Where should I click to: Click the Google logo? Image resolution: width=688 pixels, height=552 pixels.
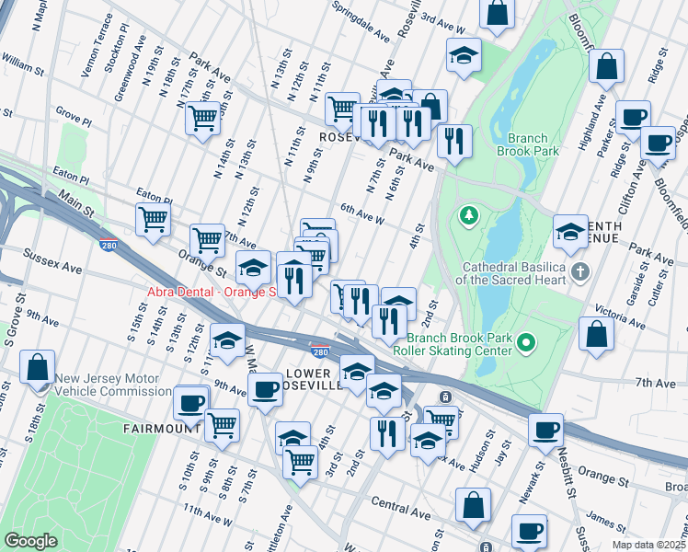point(31,540)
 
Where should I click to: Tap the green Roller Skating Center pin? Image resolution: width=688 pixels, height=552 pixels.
point(526,343)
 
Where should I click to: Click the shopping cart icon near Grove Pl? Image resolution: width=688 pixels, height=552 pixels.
point(202,117)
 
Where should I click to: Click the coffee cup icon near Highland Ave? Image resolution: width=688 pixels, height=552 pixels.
point(632,117)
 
